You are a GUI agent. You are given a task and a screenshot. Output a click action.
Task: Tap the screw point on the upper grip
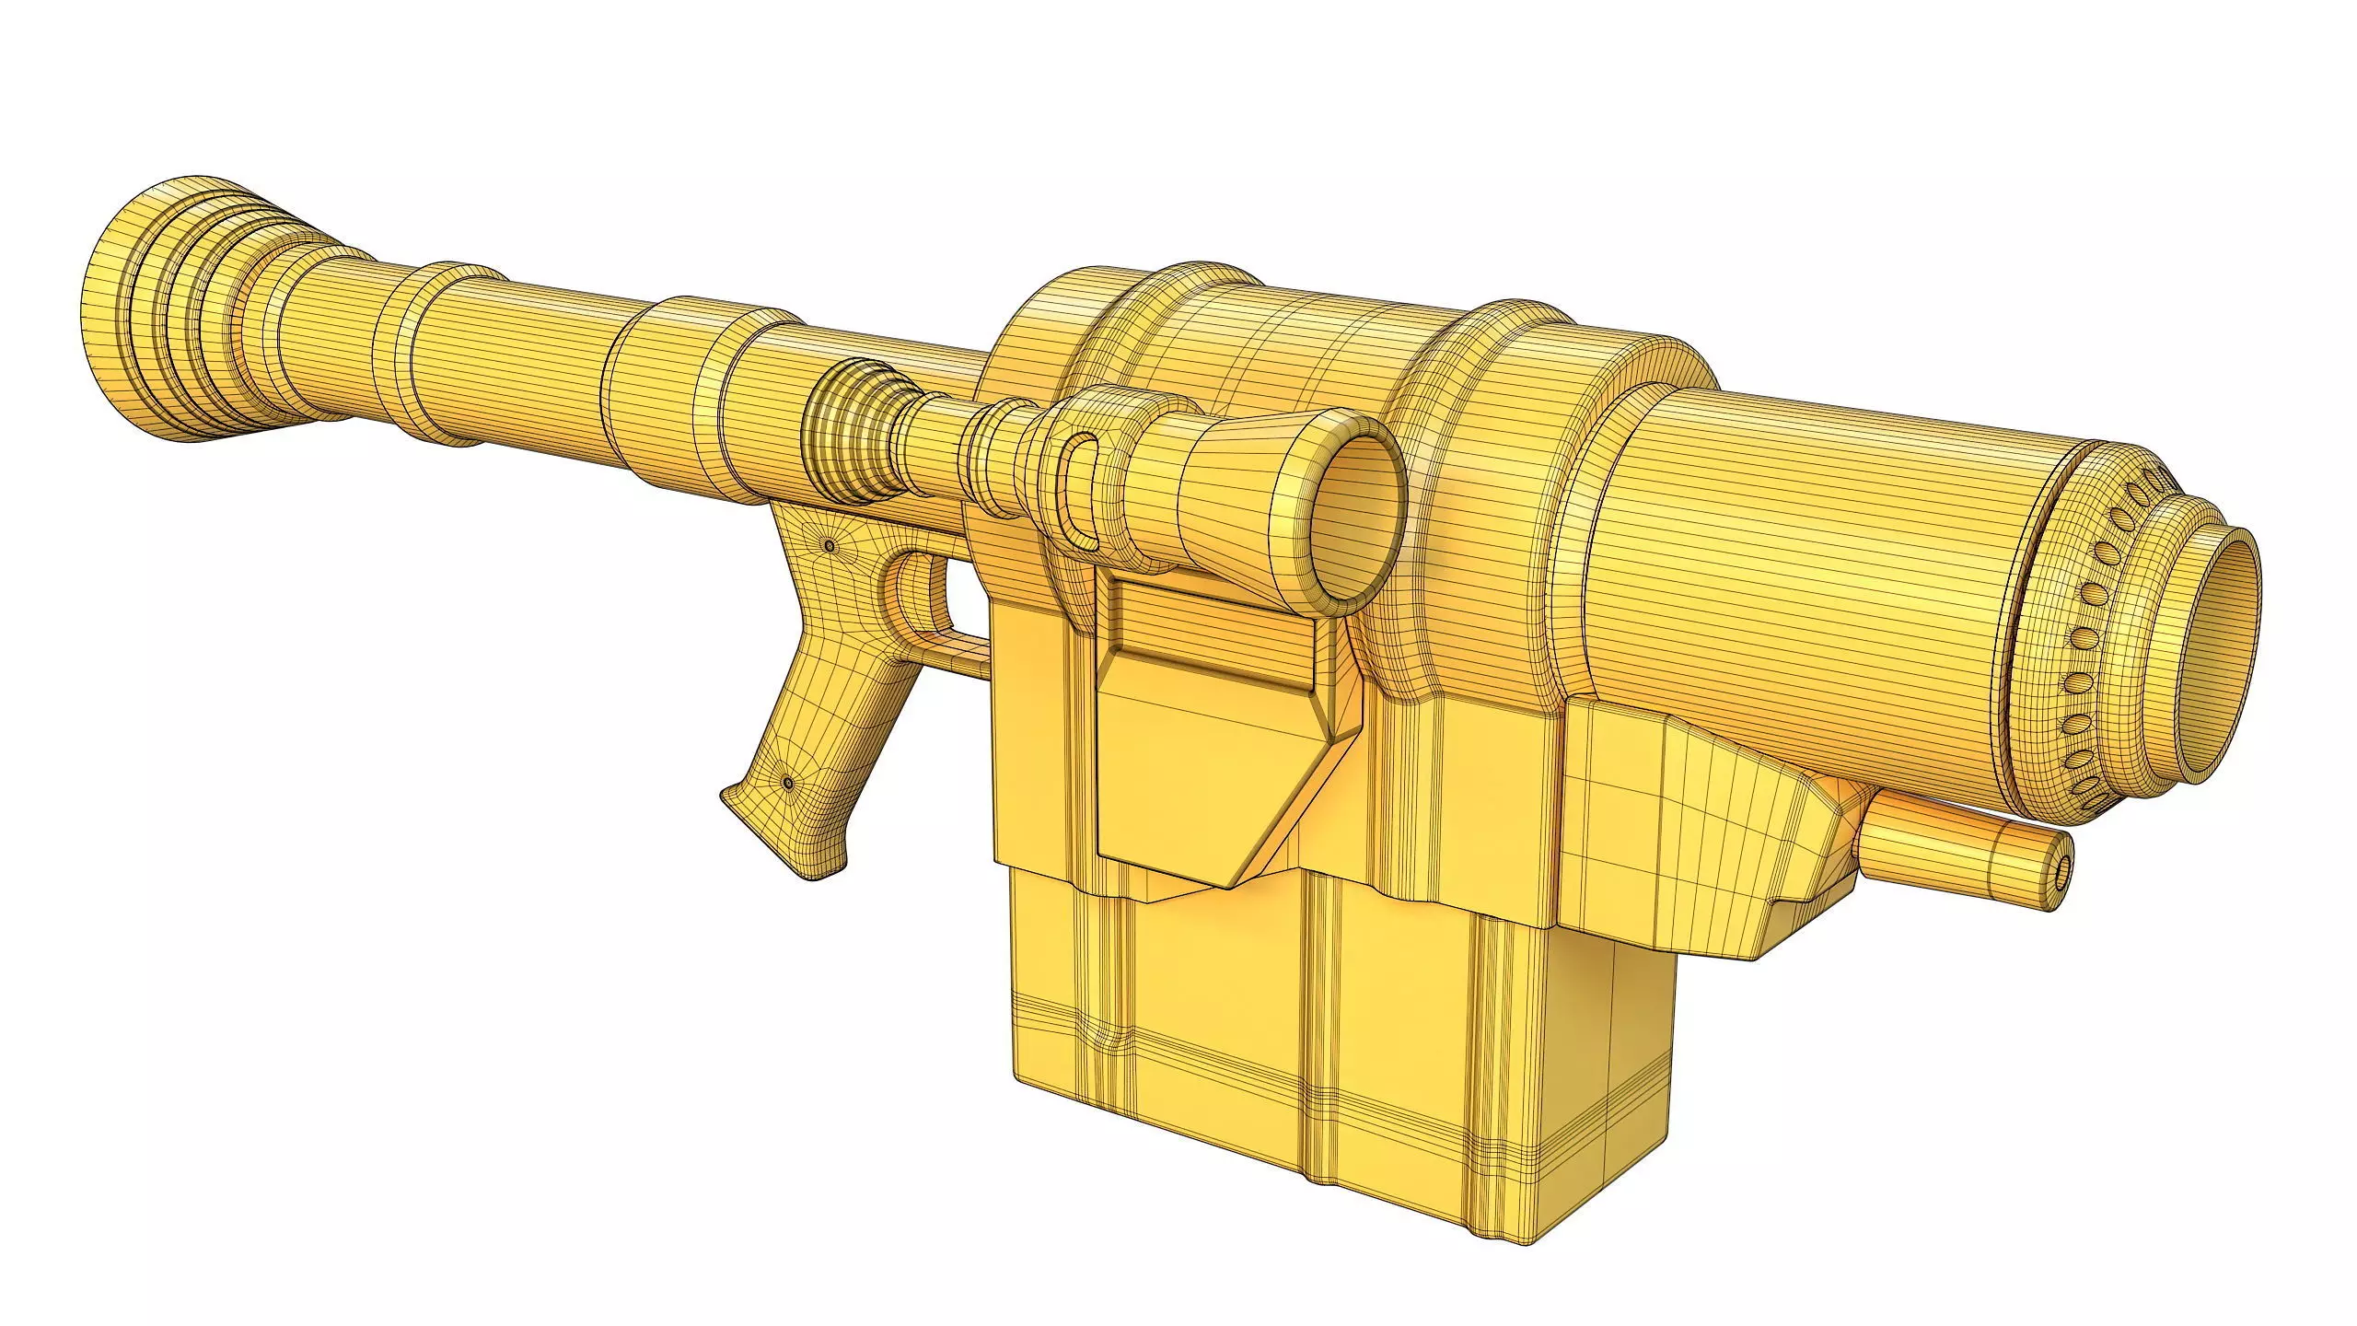point(830,547)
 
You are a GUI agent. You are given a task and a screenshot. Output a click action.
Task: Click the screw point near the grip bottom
point(788,782)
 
